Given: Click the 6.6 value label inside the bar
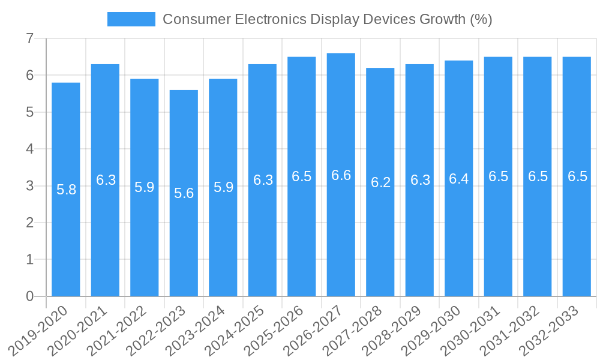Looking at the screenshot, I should click(x=341, y=175).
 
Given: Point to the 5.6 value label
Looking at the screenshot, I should click(x=184, y=193).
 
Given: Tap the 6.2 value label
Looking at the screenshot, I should click(x=380, y=182).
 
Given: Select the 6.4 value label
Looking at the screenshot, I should click(x=459, y=179).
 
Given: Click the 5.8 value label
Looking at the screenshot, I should click(x=66, y=190).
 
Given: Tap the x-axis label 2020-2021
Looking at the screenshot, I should click(x=77, y=331).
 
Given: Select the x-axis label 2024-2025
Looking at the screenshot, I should click(x=235, y=331).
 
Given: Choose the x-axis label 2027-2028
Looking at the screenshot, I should click(x=353, y=331).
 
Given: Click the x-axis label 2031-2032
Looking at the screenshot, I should click(x=510, y=331).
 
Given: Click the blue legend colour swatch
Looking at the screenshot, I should click(x=131, y=19).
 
